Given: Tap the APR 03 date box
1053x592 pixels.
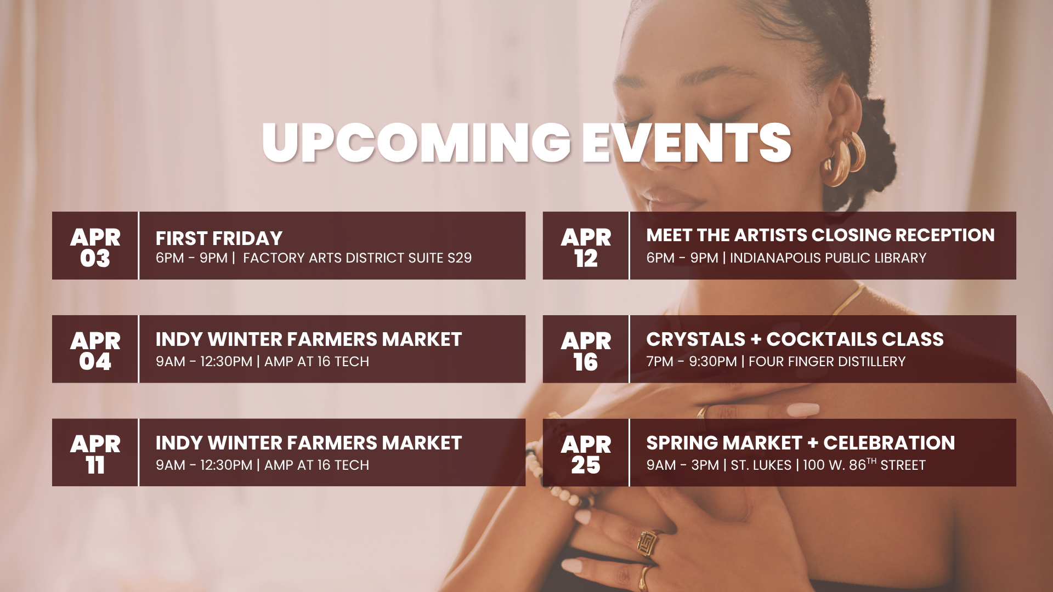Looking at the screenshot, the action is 95,246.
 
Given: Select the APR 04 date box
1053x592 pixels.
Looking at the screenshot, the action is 95,349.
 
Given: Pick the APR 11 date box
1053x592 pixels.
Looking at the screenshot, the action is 95,453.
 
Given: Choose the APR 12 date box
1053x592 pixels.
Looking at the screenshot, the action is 586,246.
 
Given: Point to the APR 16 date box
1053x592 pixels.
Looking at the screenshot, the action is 586,349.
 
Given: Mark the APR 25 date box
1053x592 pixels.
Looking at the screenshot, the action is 586,453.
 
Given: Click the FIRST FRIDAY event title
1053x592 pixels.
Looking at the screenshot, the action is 219,238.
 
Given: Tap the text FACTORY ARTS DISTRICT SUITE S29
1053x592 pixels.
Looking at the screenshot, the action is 357,258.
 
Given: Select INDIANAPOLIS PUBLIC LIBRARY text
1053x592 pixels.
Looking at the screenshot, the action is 828,258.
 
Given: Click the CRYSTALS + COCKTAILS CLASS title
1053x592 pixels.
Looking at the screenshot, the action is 795,339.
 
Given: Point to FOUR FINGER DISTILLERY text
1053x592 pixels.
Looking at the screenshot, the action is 827,362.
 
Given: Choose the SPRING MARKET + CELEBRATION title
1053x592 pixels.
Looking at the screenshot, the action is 801,443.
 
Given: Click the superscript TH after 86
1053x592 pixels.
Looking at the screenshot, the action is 871,461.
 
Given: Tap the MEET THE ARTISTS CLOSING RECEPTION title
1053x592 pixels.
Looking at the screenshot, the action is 820,235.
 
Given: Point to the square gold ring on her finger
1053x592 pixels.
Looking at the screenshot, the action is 647,543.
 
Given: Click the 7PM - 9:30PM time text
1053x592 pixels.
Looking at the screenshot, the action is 692,362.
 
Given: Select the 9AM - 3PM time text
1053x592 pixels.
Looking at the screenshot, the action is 683,465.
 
